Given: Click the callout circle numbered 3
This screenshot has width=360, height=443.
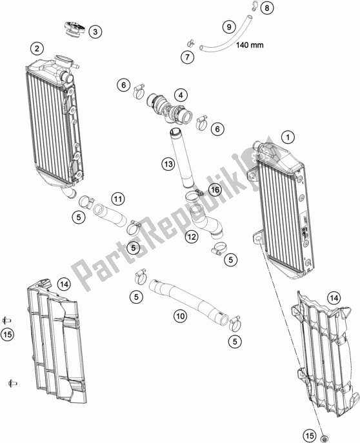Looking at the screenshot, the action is click(x=95, y=32).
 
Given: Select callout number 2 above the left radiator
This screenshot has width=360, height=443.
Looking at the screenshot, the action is click(x=37, y=48).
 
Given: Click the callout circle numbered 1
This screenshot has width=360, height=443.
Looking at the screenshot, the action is click(x=288, y=137).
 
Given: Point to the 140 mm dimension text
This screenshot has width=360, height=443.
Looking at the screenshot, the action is click(x=250, y=45).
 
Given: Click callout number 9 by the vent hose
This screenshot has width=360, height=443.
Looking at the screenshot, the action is click(x=229, y=27).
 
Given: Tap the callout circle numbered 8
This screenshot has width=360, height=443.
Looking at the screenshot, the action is click(x=266, y=8).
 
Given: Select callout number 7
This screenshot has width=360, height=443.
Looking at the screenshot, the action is click(x=187, y=57).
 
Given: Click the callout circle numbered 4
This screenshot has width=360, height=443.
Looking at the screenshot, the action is click(x=181, y=95).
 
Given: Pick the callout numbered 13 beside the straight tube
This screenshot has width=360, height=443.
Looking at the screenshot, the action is click(x=168, y=164).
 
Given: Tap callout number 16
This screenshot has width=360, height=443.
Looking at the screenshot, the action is click(x=215, y=190).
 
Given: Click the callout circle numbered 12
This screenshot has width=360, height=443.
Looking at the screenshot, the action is click(x=192, y=237).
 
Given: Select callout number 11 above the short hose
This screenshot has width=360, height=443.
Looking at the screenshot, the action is click(x=118, y=199).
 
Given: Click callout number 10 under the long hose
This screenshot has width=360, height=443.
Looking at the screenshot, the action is click(x=180, y=315).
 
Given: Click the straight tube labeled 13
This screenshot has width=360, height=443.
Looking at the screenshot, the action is click(x=181, y=158).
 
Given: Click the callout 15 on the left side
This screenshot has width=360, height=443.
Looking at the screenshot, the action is click(x=7, y=335).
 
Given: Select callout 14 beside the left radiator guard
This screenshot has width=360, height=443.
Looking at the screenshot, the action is click(x=64, y=284).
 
